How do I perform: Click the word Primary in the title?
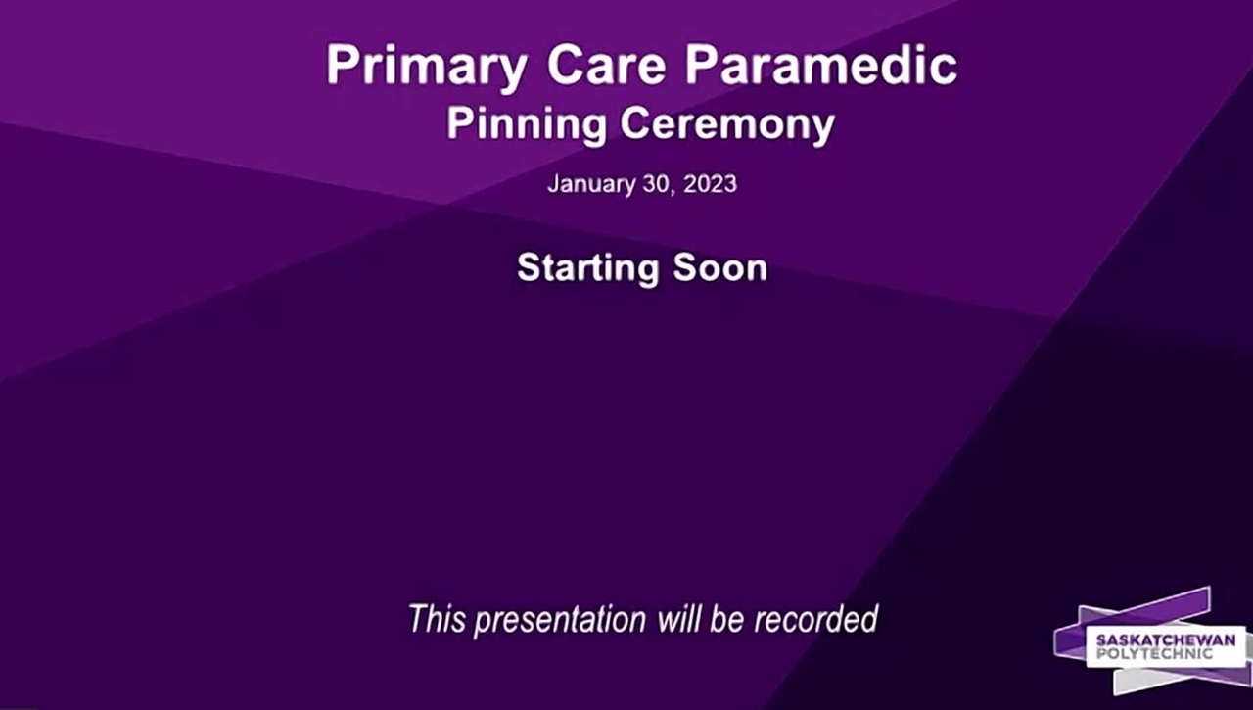(x=426, y=68)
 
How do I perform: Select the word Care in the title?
(x=606, y=65)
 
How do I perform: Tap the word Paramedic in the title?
(x=821, y=65)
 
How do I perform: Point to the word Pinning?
(x=527, y=125)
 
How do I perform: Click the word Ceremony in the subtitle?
(x=727, y=125)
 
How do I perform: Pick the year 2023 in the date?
(x=710, y=183)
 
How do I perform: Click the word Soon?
(x=719, y=267)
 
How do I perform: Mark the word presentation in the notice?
(x=560, y=621)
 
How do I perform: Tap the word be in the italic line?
(x=726, y=618)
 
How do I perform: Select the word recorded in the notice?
(x=816, y=618)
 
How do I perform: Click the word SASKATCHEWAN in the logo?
(x=1166, y=640)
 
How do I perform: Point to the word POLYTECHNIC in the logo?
(x=1154, y=654)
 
